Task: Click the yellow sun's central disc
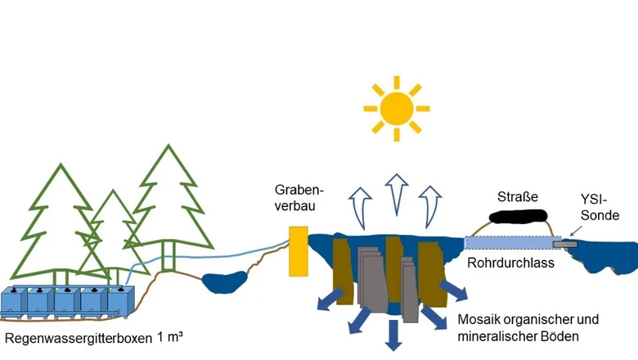click(397, 109)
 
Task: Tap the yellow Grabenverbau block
click(299, 251)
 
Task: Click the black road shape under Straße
click(518, 216)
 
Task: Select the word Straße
click(518, 197)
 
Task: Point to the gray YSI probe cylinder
click(564, 244)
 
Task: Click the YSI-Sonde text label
click(600, 208)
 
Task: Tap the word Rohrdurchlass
click(510, 263)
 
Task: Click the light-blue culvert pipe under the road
click(513, 243)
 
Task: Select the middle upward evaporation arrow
click(397, 194)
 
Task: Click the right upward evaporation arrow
click(429, 206)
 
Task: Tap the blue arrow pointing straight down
click(393, 335)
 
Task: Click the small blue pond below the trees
click(225, 282)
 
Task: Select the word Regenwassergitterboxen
click(79, 338)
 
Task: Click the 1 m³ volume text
click(170, 337)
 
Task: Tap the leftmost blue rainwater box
click(14, 301)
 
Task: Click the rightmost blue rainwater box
click(120, 301)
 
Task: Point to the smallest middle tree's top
click(113, 191)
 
